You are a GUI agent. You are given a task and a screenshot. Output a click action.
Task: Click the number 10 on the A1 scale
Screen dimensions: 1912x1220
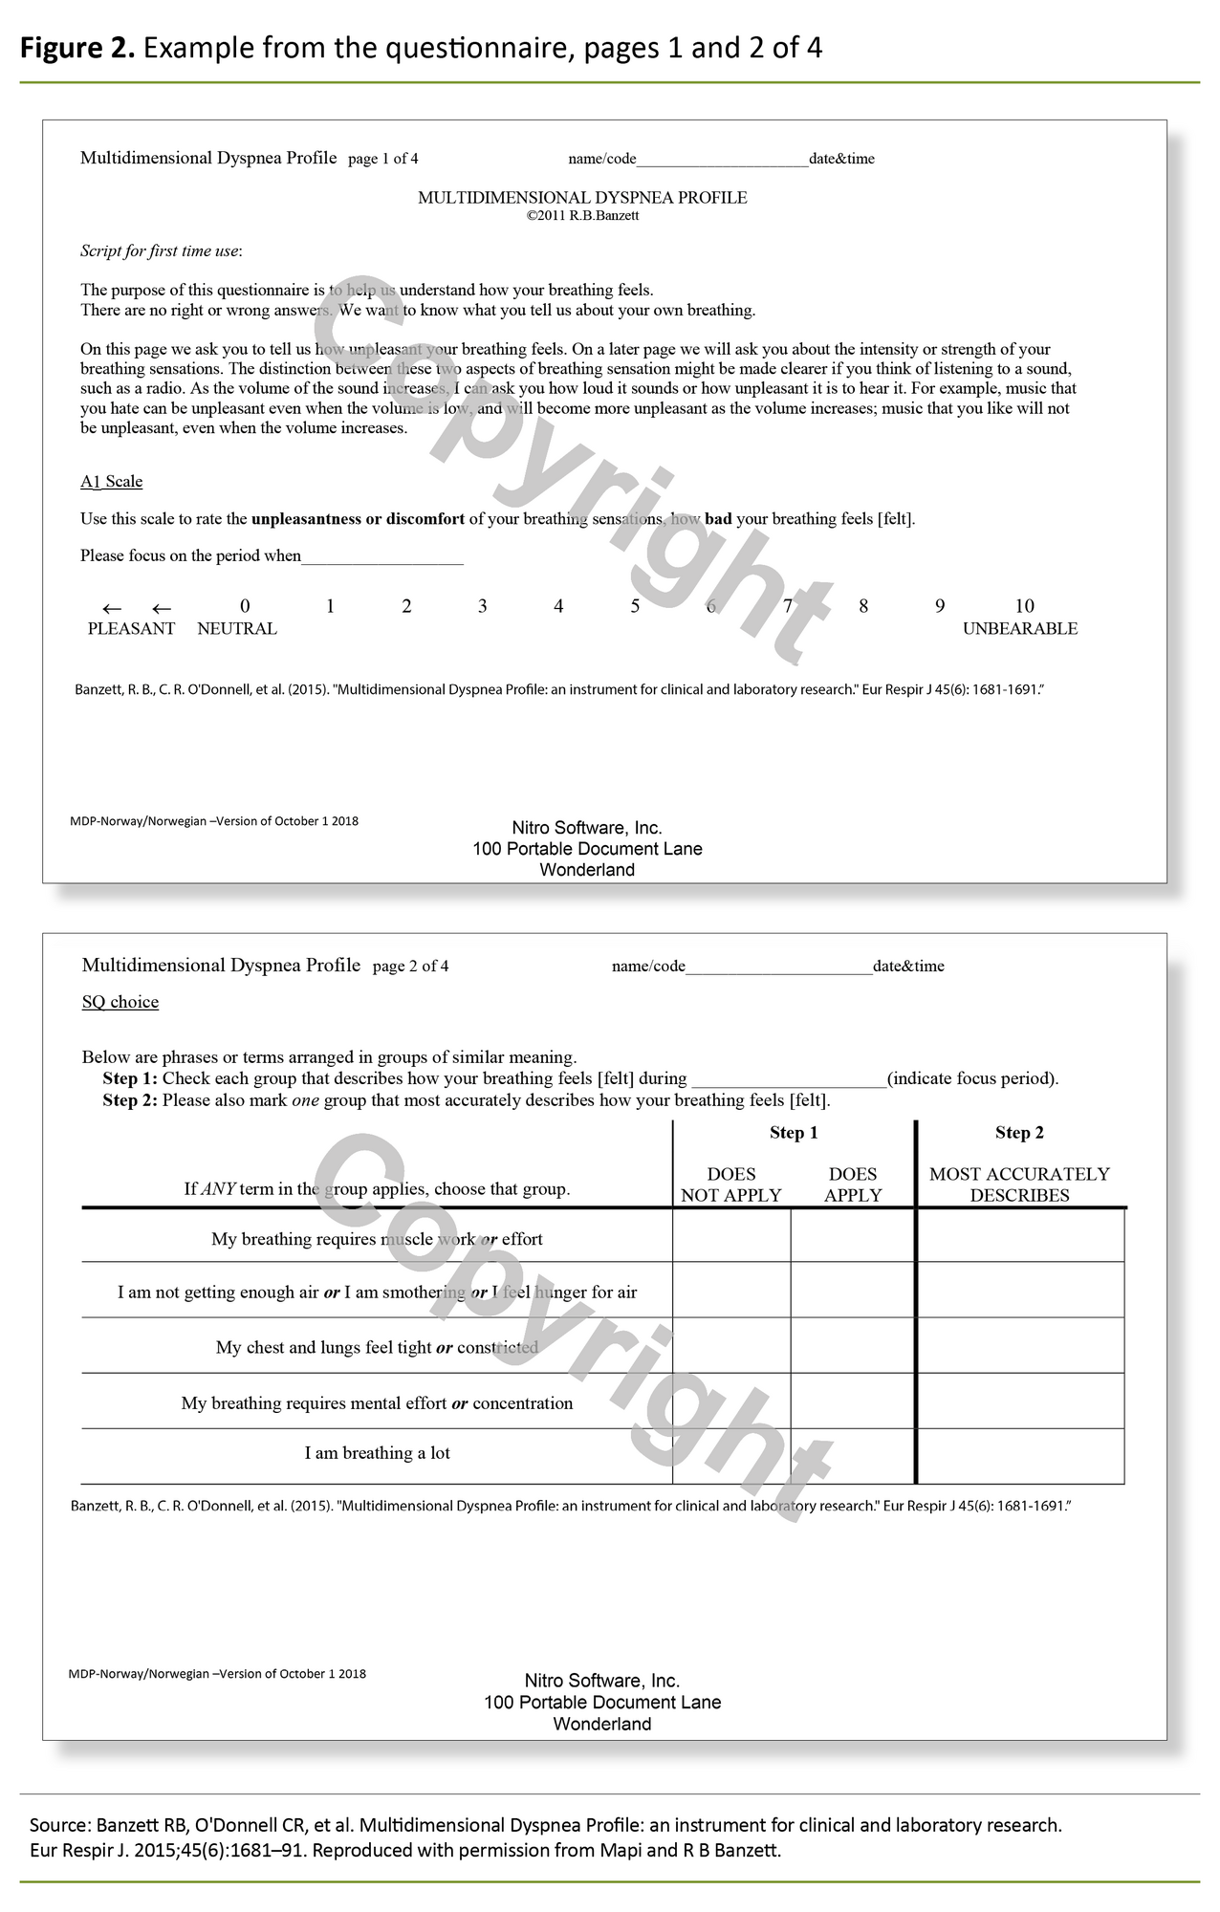(x=1024, y=606)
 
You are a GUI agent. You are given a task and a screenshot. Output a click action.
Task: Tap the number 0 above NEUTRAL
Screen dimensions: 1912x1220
(x=245, y=606)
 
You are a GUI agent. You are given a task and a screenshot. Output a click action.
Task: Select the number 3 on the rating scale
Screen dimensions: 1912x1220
(x=483, y=606)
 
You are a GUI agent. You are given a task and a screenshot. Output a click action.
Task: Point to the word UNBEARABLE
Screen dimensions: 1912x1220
(x=1019, y=629)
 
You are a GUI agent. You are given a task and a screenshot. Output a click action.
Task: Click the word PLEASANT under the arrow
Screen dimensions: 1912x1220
(x=131, y=629)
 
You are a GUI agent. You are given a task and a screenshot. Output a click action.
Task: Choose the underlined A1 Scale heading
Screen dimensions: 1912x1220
(x=111, y=482)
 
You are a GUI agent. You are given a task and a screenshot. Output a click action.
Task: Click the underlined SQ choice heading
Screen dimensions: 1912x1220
(x=120, y=1002)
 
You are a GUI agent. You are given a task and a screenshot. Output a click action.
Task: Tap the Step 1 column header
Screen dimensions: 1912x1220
(x=794, y=1133)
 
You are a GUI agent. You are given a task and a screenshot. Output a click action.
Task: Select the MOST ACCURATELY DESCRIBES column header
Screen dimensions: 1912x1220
(x=1019, y=1184)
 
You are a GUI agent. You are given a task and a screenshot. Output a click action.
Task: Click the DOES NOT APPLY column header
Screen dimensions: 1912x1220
(x=731, y=1184)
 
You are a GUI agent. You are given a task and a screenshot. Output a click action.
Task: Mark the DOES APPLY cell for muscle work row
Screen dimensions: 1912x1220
(x=853, y=1236)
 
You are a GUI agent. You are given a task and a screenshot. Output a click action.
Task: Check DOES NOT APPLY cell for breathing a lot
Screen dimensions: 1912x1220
(x=731, y=1456)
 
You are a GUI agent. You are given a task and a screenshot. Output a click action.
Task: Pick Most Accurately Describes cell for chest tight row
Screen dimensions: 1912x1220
(x=1019, y=1346)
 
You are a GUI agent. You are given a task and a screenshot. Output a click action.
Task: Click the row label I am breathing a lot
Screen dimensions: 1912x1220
(x=377, y=1453)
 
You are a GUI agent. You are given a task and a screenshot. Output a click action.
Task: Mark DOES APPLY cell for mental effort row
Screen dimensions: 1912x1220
(x=853, y=1401)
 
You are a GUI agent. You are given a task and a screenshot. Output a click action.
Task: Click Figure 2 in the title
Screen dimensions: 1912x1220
(x=77, y=48)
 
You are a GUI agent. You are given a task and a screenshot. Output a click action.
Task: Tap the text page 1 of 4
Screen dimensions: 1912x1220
(x=382, y=159)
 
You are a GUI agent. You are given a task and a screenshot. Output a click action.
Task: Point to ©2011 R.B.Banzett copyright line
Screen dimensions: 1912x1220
(x=582, y=216)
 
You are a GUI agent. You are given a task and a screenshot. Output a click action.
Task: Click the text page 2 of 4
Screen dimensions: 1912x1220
(x=410, y=967)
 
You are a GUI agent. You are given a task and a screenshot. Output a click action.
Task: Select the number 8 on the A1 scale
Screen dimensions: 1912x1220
(x=863, y=606)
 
